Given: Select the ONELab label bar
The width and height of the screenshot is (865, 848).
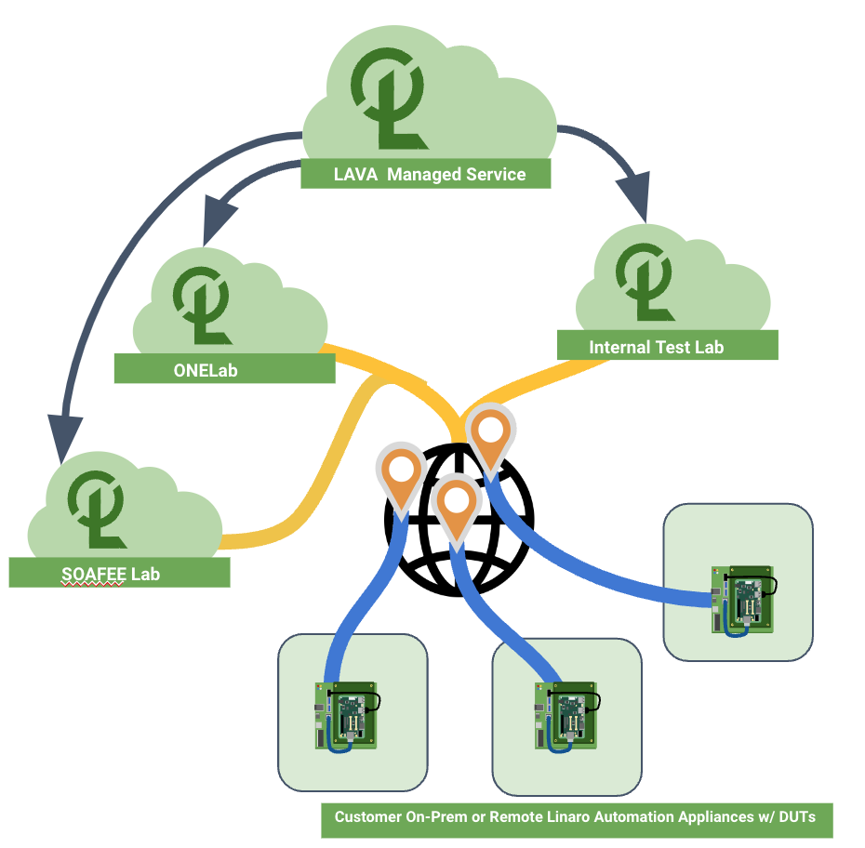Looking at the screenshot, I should tap(223, 369).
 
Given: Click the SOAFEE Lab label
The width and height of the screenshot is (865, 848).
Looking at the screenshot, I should tap(118, 573).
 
